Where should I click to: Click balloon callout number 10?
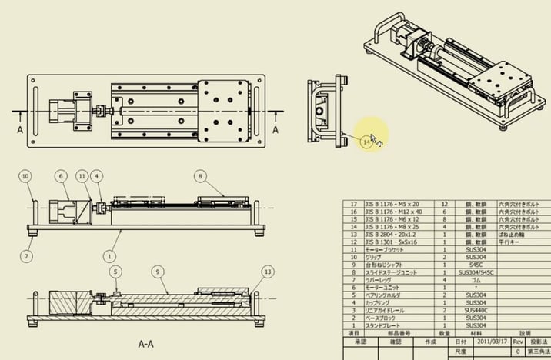click(25, 176)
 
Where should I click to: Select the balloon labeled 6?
click(61, 176)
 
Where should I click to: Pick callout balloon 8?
click(201, 176)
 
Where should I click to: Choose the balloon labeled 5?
click(115, 271)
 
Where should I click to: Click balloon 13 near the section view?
click(267, 271)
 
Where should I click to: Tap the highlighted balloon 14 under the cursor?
click(366, 142)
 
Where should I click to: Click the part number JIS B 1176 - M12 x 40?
click(392, 212)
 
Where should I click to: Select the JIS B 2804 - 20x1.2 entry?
click(389, 234)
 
